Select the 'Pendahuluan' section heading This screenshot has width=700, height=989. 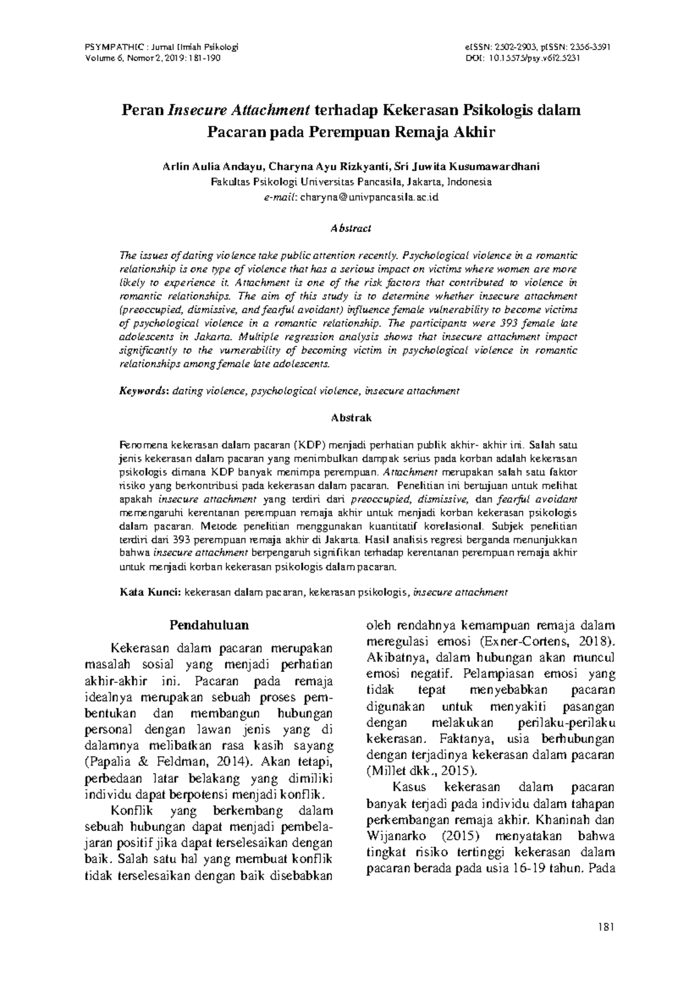click(209, 625)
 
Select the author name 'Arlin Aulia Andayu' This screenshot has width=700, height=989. click(212, 166)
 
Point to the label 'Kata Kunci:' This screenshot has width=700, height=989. click(150, 592)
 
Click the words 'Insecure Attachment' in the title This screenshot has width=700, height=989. click(239, 110)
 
